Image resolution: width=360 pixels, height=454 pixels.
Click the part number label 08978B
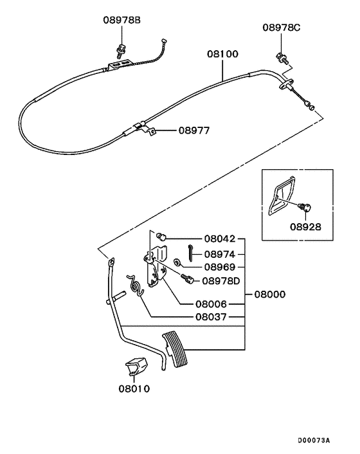(x=122, y=21)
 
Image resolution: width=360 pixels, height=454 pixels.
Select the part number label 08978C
(x=281, y=28)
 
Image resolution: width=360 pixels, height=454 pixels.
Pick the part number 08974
(x=221, y=253)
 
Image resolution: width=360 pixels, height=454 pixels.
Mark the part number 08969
(x=221, y=267)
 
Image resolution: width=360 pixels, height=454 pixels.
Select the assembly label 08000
(x=269, y=295)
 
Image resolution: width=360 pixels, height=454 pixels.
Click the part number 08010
(x=133, y=388)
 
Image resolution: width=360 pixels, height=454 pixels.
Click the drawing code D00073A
(x=313, y=440)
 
